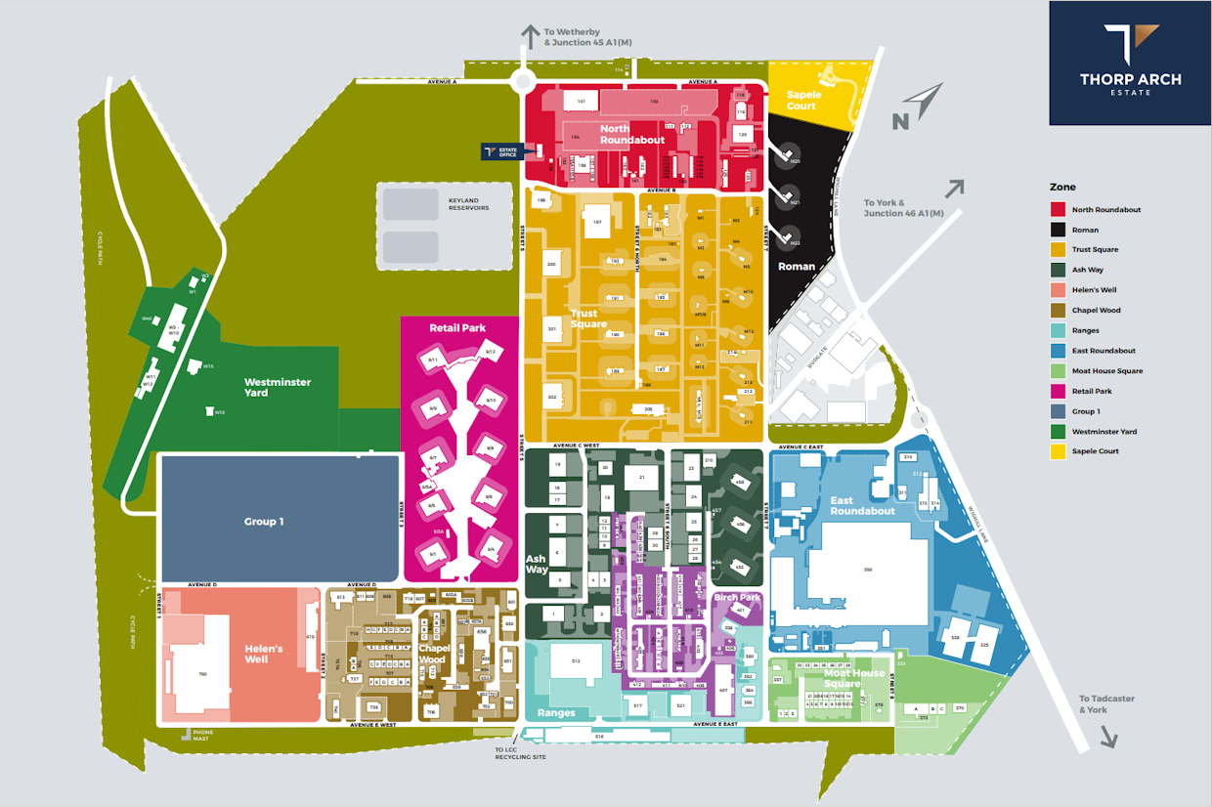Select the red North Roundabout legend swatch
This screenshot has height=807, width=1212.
(x=1058, y=209)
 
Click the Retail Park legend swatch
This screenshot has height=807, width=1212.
(x=1058, y=391)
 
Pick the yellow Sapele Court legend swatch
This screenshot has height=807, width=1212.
(x=1058, y=451)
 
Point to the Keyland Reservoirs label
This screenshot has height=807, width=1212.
(x=468, y=204)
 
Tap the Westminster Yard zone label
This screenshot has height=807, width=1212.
(x=277, y=387)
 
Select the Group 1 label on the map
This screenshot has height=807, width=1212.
(x=263, y=522)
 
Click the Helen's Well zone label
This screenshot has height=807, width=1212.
(x=263, y=654)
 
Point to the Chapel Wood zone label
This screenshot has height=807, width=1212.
(x=433, y=654)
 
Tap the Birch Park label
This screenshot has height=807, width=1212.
(x=737, y=597)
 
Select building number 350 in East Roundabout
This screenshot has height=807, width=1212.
(x=866, y=569)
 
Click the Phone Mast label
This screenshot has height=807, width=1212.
(x=202, y=735)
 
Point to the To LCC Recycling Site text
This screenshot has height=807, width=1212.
(x=520, y=753)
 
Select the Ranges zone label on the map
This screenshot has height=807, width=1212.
(x=555, y=712)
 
